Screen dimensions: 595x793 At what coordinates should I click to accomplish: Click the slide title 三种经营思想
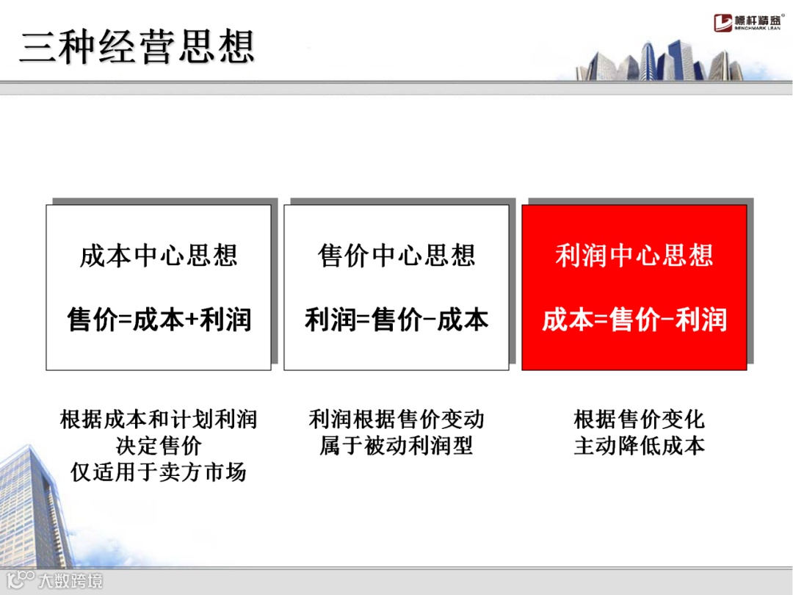[x=137, y=47]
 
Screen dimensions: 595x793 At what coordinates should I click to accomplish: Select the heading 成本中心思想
[x=159, y=256]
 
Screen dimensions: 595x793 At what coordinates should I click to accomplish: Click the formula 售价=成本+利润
[x=159, y=320]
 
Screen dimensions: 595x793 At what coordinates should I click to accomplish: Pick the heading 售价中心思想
[x=396, y=256]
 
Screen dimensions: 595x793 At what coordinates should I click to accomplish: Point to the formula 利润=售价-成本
[x=396, y=320]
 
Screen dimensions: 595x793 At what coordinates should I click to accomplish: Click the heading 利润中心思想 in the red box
[x=634, y=256]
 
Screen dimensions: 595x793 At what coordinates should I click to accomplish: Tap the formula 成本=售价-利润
[x=634, y=320]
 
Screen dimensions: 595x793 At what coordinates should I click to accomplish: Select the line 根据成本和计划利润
[x=159, y=419]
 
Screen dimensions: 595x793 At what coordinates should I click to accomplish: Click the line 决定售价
[x=159, y=445]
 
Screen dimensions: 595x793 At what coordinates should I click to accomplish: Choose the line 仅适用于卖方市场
[x=159, y=471]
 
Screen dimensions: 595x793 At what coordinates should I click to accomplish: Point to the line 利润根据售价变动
[x=396, y=419]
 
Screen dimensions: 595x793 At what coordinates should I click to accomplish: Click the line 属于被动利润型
[x=396, y=445]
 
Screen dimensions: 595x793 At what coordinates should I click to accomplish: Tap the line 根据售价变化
[x=639, y=419]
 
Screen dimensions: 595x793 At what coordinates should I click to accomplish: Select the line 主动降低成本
[x=639, y=445]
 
